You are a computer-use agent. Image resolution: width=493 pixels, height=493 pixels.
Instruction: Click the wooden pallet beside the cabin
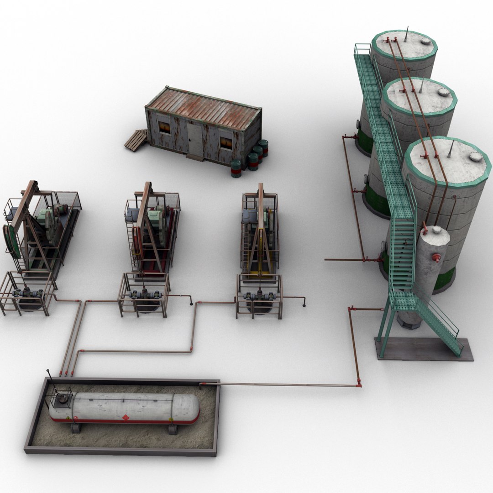136,140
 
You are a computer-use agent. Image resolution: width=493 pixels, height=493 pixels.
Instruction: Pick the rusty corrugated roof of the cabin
203,108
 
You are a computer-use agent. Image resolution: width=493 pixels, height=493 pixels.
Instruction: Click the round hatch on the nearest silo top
475,156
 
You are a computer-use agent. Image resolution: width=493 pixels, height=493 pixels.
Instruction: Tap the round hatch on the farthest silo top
425,42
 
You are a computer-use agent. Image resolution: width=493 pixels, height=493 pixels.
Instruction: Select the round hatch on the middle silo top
443,92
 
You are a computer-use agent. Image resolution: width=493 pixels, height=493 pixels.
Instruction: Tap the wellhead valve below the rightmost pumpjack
259,296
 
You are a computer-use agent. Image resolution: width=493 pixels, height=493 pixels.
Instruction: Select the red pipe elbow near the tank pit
359,384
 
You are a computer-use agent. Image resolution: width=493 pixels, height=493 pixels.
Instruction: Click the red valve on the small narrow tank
436,258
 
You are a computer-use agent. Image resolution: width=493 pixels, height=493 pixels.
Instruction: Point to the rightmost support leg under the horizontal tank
173,430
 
